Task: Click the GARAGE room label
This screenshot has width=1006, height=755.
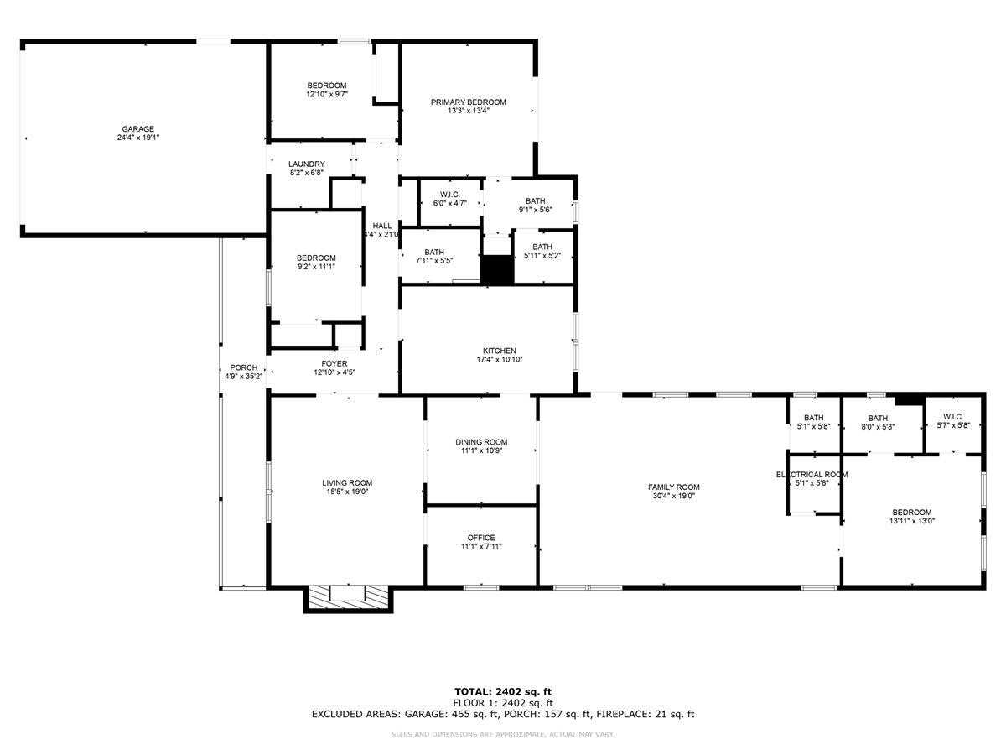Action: (x=137, y=129)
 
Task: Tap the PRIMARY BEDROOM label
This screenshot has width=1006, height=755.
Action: (x=468, y=102)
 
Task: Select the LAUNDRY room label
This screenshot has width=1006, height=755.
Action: (x=306, y=164)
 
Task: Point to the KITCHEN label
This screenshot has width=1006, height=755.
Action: (x=499, y=351)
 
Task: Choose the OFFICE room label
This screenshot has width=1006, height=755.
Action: (x=481, y=538)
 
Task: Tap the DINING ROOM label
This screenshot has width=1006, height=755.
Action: (x=481, y=442)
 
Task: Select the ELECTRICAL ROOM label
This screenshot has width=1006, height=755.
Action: (x=812, y=475)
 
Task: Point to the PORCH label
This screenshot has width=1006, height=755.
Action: (x=244, y=367)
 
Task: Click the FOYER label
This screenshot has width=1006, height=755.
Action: (x=334, y=363)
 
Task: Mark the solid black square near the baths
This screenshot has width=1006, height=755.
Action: (x=496, y=270)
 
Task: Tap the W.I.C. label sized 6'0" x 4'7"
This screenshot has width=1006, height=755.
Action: (x=450, y=195)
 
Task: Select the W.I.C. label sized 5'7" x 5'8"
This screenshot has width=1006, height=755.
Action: (x=953, y=417)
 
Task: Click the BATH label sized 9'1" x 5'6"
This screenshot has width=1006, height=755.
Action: (x=535, y=200)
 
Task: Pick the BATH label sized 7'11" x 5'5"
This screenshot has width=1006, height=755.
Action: (x=433, y=252)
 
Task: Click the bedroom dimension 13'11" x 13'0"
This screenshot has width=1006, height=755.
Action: (x=911, y=521)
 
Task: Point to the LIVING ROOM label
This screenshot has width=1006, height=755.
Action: (x=347, y=482)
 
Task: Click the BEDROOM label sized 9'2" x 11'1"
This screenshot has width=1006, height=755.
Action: (x=316, y=258)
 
